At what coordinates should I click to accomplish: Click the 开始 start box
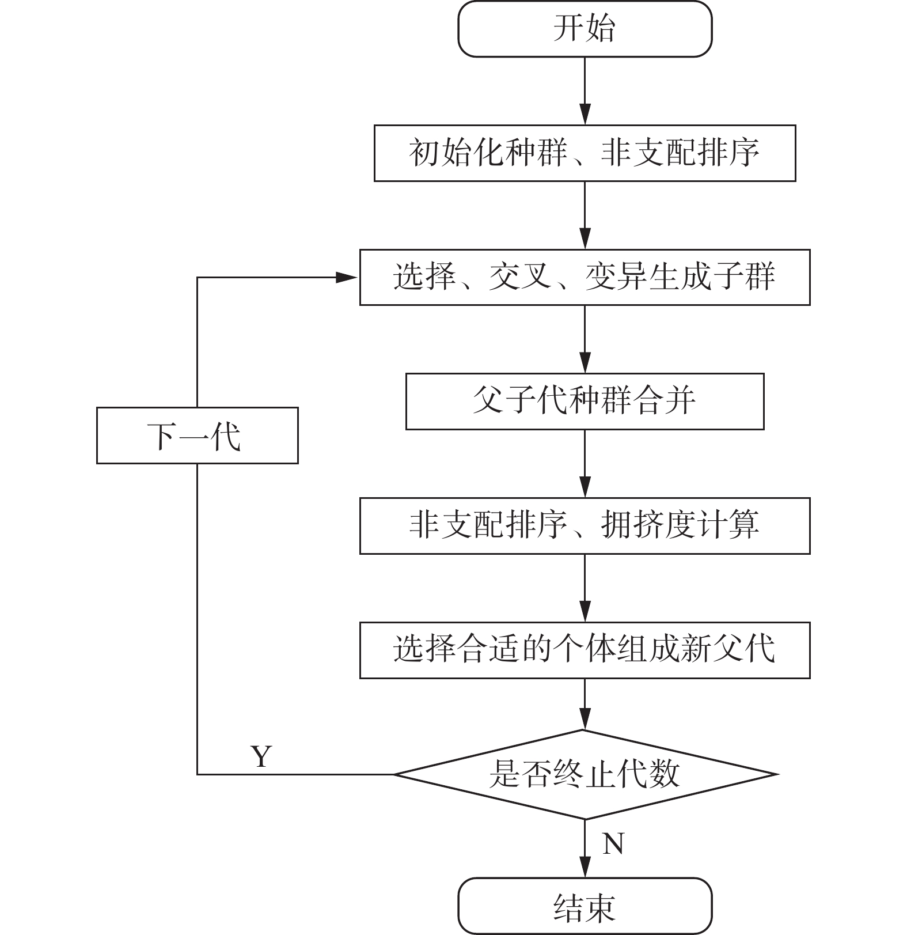pos(585,29)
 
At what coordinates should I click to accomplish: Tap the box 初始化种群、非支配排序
pos(585,153)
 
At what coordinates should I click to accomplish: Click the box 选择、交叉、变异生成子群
pos(585,277)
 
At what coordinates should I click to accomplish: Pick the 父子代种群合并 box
pos(585,402)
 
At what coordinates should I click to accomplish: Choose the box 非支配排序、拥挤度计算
pos(585,526)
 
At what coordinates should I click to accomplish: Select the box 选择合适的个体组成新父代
pos(585,650)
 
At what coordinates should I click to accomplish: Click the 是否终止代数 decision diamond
pos(585,774)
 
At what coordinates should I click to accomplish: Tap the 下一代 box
pos(197,436)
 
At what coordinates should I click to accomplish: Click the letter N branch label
pos(613,844)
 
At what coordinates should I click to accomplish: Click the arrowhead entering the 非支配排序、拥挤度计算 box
pos(585,488)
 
